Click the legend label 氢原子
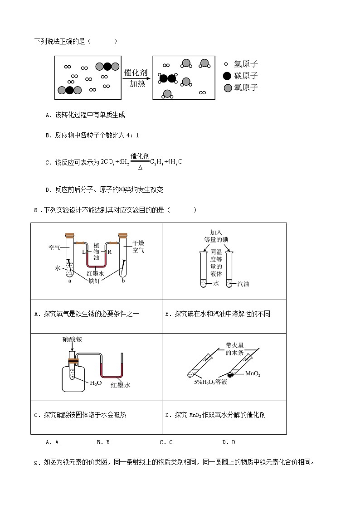tap(246, 64)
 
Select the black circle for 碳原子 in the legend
tap(228, 76)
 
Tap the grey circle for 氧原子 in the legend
tap(228, 88)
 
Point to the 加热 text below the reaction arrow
tap(137, 84)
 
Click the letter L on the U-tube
tap(83, 251)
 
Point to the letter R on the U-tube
tap(109, 251)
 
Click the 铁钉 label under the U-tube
tap(95, 281)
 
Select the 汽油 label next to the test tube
tap(243, 284)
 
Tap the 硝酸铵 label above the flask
tap(72, 339)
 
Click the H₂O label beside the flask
tap(96, 383)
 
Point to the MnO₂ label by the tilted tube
tap(253, 374)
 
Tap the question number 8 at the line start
tap(36, 210)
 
